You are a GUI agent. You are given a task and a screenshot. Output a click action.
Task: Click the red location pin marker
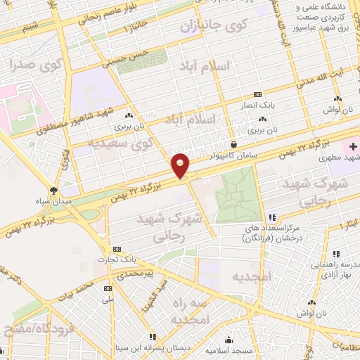coord(181,166)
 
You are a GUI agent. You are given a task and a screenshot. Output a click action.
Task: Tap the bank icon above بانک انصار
coord(258,95)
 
